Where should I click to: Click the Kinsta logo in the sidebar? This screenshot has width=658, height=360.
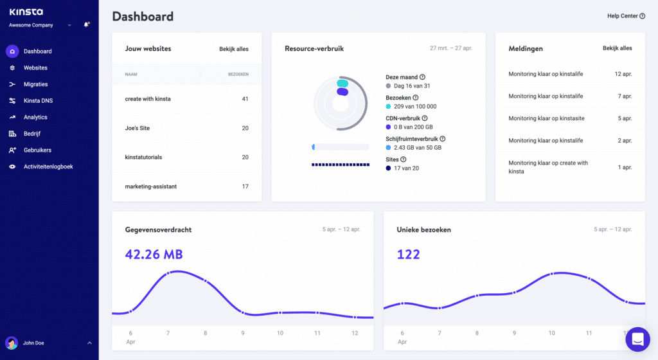[26, 12]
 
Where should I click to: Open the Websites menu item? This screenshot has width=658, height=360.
[35, 67]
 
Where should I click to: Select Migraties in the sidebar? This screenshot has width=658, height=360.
[35, 84]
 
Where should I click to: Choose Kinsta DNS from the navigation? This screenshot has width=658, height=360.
[38, 101]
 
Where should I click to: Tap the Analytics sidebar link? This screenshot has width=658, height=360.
[35, 117]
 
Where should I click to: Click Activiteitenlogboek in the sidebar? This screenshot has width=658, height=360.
[48, 166]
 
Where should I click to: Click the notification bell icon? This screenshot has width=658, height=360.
[87, 25]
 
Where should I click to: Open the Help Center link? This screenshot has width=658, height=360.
[626, 16]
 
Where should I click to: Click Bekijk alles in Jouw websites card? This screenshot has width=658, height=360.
[234, 49]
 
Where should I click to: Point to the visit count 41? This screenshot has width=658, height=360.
[245, 99]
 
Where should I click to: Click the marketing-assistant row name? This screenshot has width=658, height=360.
[150, 186]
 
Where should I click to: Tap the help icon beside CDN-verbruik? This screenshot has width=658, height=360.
[425, 118]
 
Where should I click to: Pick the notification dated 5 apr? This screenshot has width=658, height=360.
[546, 118]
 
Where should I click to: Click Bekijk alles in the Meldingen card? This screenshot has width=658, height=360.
[617, 48]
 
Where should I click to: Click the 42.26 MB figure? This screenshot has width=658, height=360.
[154, 255]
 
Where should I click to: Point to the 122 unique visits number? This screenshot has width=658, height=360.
[408, 255]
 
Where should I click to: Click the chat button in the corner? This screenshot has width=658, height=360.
[637, 339]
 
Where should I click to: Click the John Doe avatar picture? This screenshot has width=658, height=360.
[12, 343]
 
